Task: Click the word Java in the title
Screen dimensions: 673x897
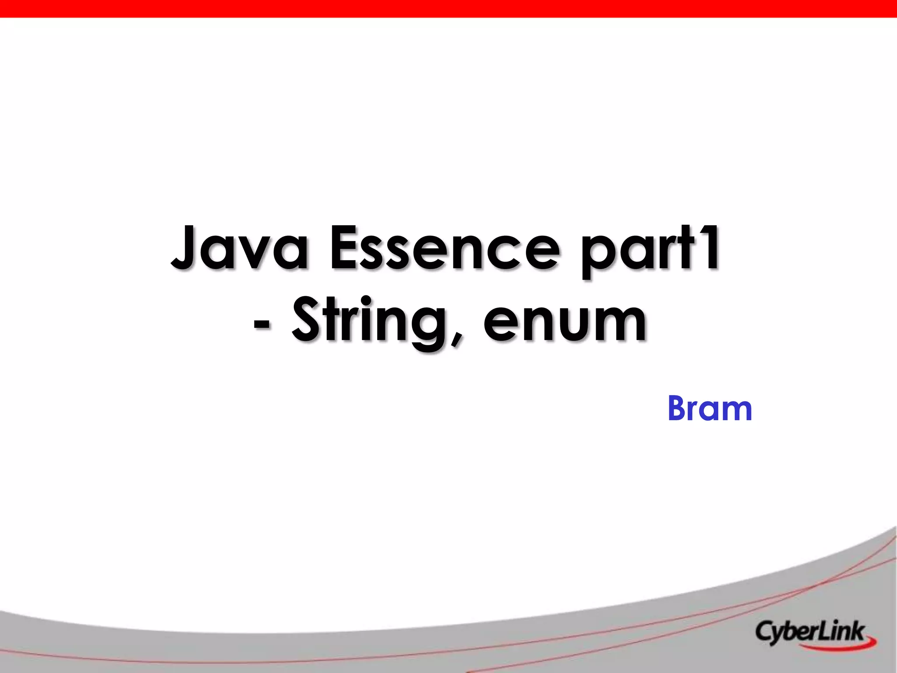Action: click(x=239, y=248)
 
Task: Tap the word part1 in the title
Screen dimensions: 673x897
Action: click(x=651, y=250)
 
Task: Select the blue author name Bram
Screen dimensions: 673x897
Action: click(x=710, y=408)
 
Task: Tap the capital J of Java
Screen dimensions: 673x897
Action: click(x=184, y=248)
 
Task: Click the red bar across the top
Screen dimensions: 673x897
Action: click(x=448, y=8)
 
